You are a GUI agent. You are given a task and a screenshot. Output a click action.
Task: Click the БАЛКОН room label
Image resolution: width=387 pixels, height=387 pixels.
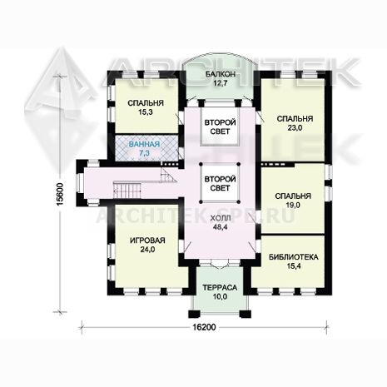point(221,74)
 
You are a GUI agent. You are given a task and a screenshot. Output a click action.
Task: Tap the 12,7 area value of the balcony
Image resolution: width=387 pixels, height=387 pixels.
point(221,83)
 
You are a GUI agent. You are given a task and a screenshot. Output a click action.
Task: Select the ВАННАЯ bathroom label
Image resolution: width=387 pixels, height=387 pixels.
point(144,144)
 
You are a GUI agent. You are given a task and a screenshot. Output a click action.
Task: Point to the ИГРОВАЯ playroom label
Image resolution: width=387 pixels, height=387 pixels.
point(147,241)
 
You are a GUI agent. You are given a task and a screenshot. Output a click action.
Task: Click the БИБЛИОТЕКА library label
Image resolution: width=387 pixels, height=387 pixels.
point(294,257)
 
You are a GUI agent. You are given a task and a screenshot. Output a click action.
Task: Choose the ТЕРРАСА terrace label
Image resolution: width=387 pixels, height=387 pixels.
point(220,288)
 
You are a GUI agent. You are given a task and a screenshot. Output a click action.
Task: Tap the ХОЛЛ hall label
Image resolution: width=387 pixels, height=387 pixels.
point(221,218)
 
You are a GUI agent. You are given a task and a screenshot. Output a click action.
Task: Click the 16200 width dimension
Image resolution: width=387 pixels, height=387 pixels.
point(204,327)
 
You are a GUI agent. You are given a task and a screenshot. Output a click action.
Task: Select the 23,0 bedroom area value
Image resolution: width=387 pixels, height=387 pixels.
point(295,127)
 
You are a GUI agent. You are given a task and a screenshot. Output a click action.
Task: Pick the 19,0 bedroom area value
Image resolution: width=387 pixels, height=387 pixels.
point(293,205)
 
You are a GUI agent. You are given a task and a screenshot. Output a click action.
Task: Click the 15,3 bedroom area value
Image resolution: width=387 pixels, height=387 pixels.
point(146,112)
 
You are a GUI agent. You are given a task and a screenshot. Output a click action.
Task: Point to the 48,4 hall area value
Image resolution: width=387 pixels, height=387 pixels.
point(221,227)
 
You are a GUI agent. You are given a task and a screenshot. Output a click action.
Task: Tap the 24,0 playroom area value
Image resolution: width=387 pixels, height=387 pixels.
point(147,250)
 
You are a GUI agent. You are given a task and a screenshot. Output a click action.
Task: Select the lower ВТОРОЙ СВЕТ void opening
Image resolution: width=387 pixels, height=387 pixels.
point(221,183)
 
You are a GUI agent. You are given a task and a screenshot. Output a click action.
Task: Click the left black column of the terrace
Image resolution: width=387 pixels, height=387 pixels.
point(194,314)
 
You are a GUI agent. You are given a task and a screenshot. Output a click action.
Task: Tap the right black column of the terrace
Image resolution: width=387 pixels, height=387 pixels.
point(246,314)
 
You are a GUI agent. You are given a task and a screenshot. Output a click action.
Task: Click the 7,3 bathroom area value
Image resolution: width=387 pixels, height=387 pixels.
point(144,153)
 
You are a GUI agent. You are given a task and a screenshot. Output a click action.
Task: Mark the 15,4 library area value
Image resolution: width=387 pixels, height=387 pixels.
point(294,266)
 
